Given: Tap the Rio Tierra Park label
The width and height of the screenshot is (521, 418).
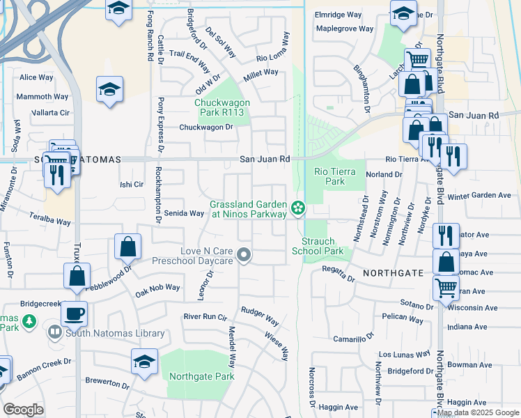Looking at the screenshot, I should pos(339,176).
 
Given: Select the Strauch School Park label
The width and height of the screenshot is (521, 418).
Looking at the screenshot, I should pos(318,246).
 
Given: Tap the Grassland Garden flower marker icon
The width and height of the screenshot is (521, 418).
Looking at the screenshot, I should pos(297,207).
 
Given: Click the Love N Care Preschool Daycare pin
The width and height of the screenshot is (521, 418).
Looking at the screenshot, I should pos(244,256).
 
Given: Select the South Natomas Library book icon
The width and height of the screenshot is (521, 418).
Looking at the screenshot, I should pos(55,332).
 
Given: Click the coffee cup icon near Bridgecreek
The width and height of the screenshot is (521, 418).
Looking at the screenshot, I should pos(74,313).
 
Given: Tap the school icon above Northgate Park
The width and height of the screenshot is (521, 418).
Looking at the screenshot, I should pos(144,361).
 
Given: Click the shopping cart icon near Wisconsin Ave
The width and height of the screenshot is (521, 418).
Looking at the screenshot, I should pos(446,286).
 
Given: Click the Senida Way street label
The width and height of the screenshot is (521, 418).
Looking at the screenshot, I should pos(183,213).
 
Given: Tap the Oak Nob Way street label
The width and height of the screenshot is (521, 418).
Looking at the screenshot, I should pos(157,287).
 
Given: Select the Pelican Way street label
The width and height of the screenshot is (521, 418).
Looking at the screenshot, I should pos(403,320).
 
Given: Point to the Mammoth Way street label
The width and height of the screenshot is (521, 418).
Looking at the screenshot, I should pos(42,96).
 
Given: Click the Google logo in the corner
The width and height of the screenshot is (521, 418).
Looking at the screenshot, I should pos(23,410).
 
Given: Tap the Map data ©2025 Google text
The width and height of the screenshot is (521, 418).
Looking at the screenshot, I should pos(478,412).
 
